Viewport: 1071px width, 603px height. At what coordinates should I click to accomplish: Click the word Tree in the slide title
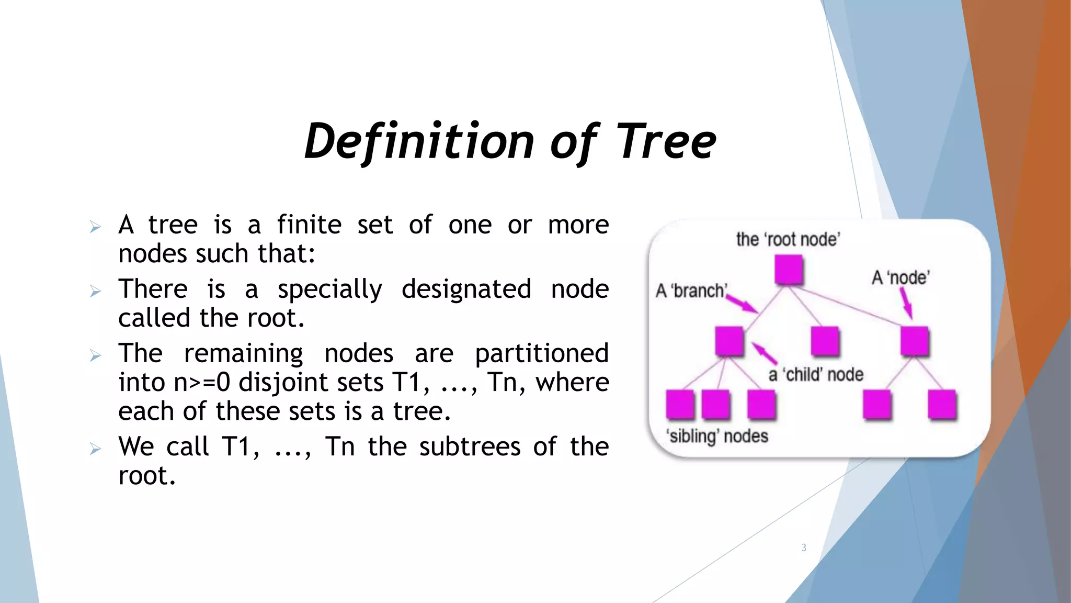point(665,141)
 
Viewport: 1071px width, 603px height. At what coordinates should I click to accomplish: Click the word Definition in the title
point(418,141)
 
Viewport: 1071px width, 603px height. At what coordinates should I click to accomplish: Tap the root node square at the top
point(789,270)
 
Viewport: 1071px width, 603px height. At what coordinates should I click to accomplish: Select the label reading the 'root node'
point(788,239)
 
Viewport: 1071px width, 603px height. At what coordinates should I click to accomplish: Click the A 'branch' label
point(691,291)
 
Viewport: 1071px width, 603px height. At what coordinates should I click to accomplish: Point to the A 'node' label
point(901,277)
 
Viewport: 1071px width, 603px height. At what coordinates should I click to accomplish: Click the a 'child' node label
point(816,375)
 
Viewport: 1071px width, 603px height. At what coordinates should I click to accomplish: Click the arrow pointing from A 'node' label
point(907,304)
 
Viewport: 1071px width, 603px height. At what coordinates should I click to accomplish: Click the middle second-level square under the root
point(825,341)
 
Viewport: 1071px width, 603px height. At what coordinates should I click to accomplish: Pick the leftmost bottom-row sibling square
point(680,405)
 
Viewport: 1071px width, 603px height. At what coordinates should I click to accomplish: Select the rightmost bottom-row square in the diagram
point(942,405)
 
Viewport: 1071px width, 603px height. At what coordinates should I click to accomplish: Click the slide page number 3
point(804,548)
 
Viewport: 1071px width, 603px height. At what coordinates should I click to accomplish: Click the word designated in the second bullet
point(466,289)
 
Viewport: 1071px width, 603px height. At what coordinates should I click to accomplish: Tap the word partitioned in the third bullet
point(541,353)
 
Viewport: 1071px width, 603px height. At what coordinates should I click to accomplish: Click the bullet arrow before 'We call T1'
point(95,449)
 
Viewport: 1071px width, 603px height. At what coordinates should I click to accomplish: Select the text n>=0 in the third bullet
point(201,382)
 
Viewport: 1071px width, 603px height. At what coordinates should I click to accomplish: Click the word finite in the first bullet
point(309,225)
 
